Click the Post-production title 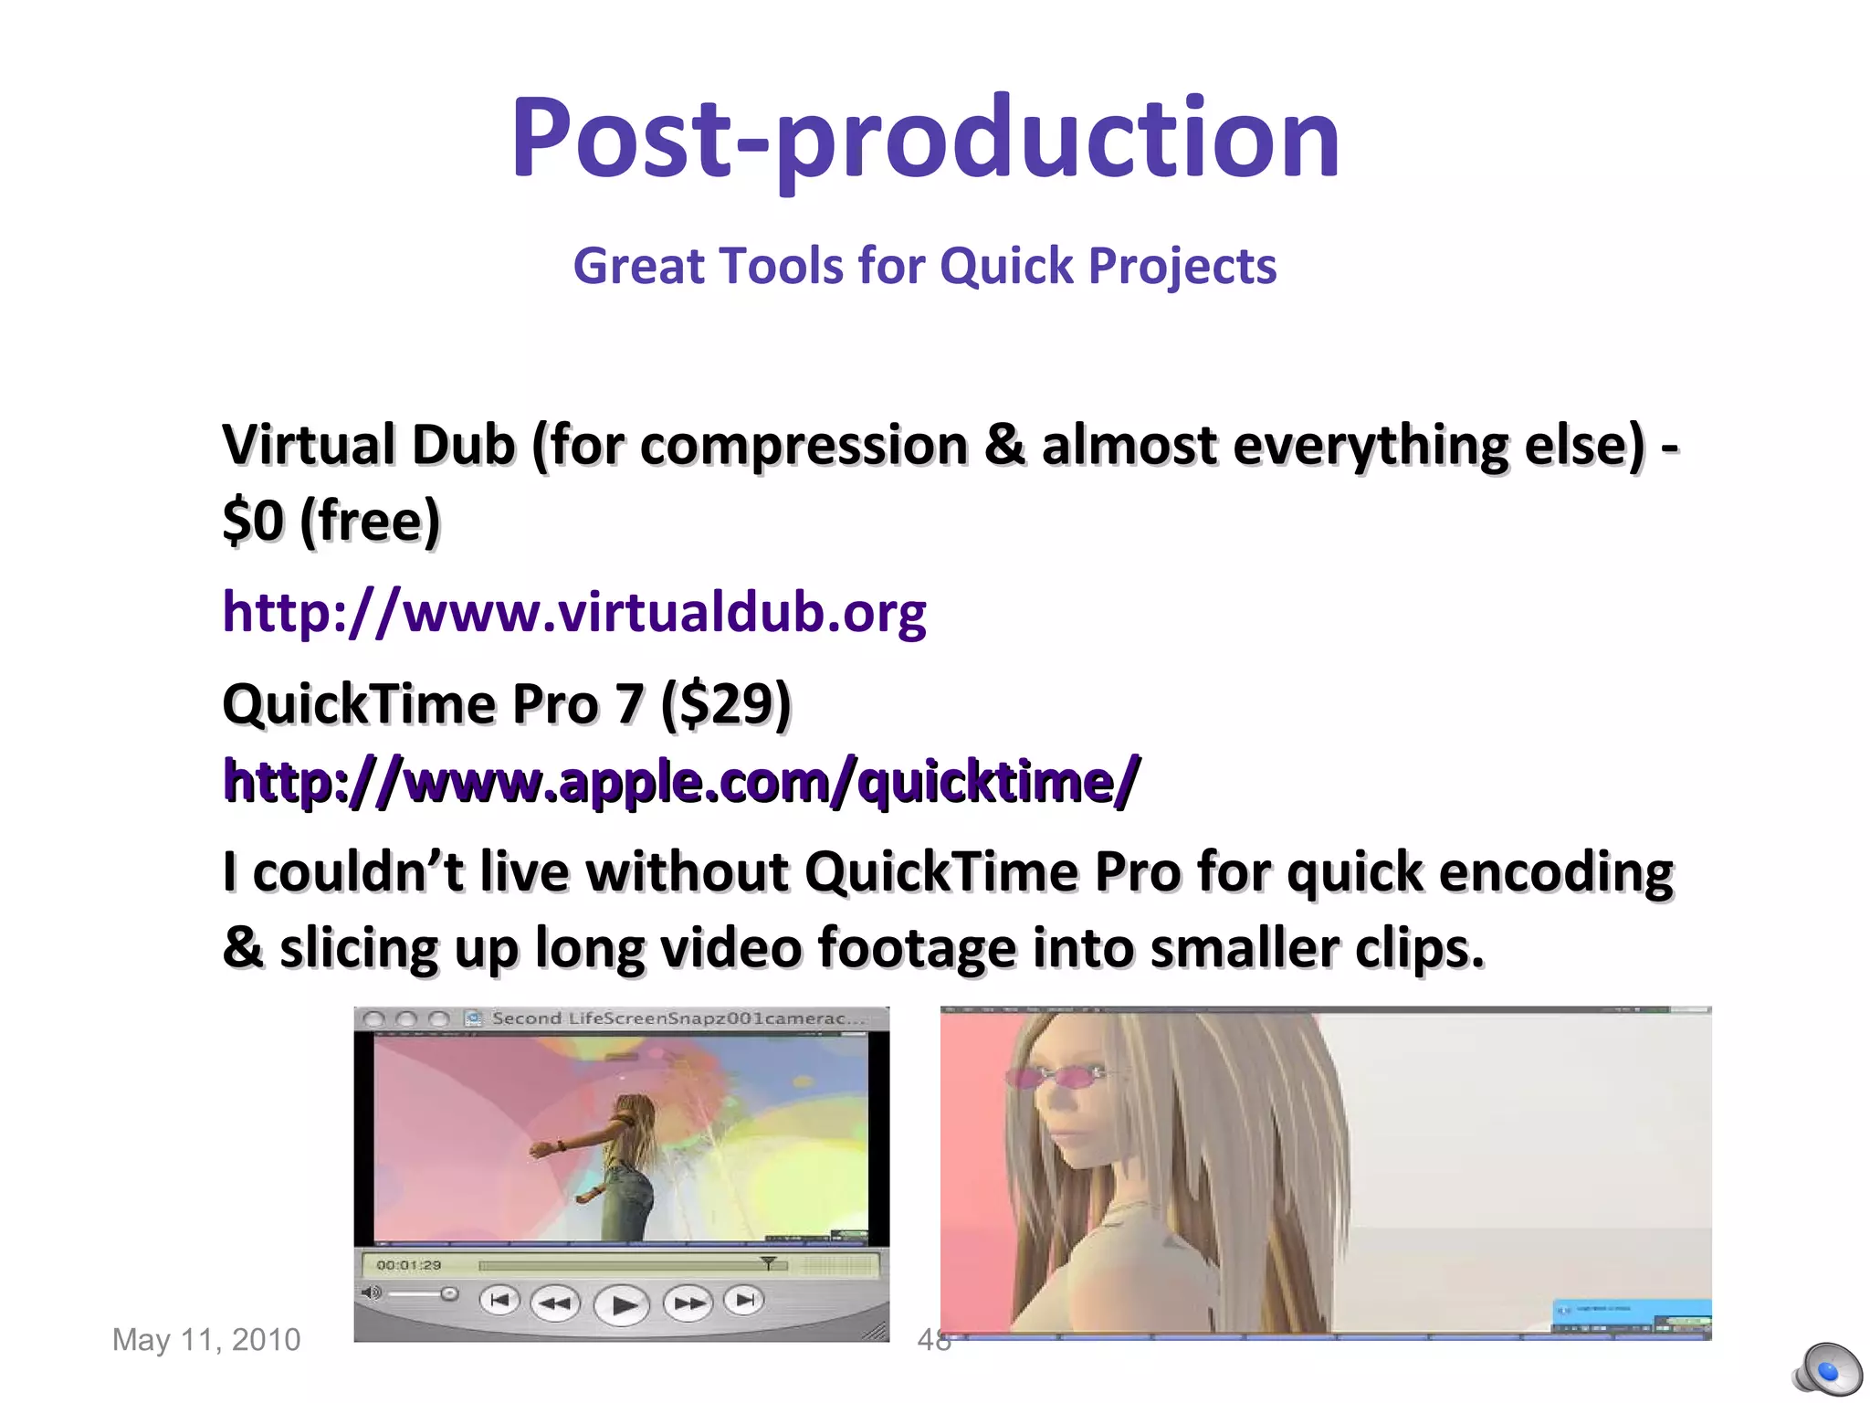(x=924, y=139)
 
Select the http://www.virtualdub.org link (x=574, y=612)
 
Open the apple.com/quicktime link (x=681, y=782)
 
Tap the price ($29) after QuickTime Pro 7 (x=726, y=704)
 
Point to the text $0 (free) (x=331, y=522)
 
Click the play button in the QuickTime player (x=622, y=1304)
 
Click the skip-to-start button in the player (x=499, y=1300)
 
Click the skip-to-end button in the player (x=745, y=1300)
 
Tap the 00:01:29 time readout (x=408, y=1265)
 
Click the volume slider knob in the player (x=448, y=1293)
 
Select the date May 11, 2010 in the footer (x=206, y=1340)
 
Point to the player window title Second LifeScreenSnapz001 (x=676, y=1018)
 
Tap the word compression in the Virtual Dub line (x=804, y=447)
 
